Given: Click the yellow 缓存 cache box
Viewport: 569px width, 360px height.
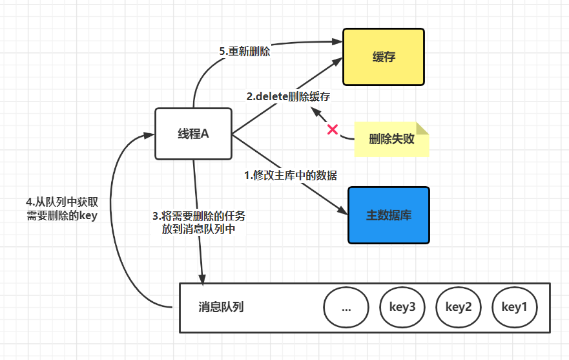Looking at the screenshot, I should pos(383,57).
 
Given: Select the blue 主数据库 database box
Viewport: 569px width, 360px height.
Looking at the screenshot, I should pos(389,215).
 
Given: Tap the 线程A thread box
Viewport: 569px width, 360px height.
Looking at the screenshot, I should pos(194,134).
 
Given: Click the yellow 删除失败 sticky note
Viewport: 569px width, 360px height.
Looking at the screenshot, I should pos(391,139).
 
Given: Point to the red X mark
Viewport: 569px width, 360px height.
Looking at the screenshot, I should pos(333,129).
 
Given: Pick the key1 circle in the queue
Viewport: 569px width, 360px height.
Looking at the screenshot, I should pos(514,306).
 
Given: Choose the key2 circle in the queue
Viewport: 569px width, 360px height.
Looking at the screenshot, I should pos(459,306).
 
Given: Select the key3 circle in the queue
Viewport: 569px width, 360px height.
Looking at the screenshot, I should pos(402,306).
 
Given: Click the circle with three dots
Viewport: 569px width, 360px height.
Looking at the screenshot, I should pos(346,306).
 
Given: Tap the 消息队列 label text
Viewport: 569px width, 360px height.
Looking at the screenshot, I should pos(221,307).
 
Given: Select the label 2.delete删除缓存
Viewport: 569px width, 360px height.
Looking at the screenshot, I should pos(288,97).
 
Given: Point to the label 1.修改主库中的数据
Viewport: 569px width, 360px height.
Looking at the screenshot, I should pos(290,175).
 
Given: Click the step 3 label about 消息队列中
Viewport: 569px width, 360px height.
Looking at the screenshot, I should pos(198,222).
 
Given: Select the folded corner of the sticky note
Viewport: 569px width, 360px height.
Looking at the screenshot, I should pos(424,128).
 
